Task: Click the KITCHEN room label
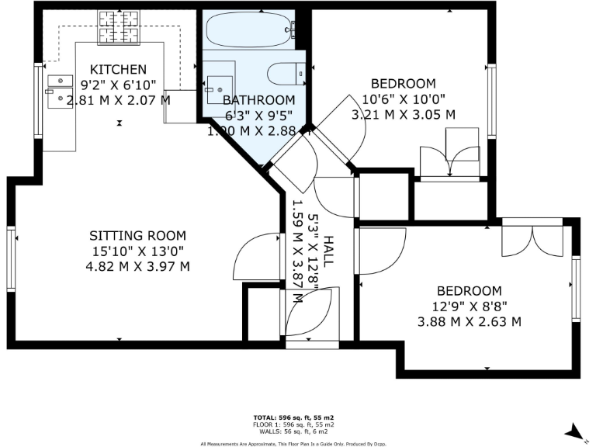[x=118, y=69]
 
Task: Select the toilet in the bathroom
[x=284, y=74]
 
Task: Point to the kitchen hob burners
[x=117, y=29]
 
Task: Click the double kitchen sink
[x=57, y=90]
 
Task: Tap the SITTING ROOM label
[x=138, y=235]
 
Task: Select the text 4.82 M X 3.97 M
[x=138, y=266]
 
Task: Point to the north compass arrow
[x=573, y=429]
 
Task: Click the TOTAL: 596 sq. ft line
[x=294, y=418]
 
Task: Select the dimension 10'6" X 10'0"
[x=404, y=99]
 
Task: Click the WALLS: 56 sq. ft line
[x=294, y=431]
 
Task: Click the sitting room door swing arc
[x=256, y=260]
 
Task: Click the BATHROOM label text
[x=258, y=100]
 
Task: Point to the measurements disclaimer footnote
[x=294, y=444]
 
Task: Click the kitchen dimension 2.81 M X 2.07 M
[x=118, y=99]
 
